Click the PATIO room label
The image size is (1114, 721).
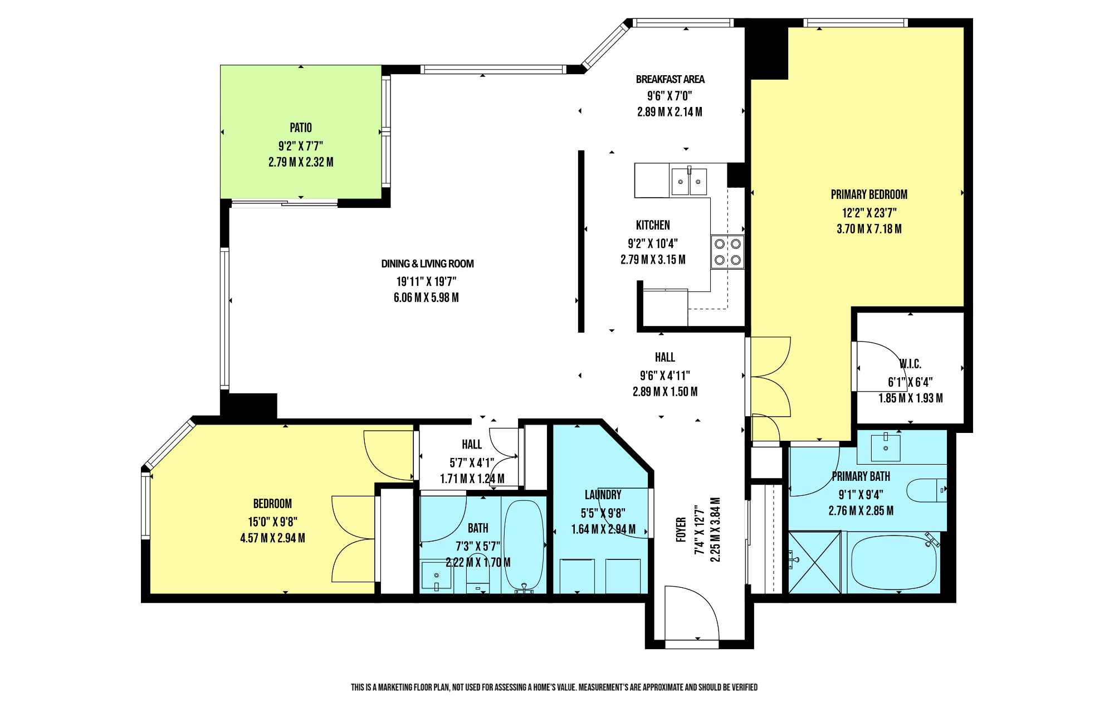(x=301, y=128)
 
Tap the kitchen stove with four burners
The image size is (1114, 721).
(x=727, y=252)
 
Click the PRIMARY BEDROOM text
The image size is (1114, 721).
(x=869, y=194)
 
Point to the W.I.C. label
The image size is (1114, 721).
(x=910, y=364)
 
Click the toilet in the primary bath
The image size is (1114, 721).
(x=926, y=490)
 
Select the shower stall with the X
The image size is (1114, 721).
(x=814, y=562)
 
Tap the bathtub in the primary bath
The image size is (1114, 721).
(x=893, y=562)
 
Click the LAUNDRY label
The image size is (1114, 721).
(x=603, y=495)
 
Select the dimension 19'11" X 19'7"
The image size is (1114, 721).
(x=426, y=281)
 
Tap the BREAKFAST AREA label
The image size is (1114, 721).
(x=670, y=79)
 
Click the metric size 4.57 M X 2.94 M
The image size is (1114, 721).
(x=272, y=538)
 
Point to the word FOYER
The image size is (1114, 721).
(x=681, y=530)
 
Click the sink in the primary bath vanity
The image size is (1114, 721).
(x=886, y=447)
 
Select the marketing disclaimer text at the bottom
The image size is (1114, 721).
(x=554, y=687)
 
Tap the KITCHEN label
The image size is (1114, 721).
(x=653, y=225)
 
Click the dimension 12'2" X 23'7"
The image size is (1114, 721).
(x=869, y=213)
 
